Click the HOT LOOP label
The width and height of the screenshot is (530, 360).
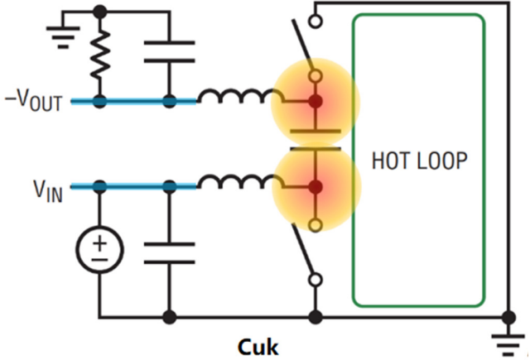pyautogui.click(x=419, y=161)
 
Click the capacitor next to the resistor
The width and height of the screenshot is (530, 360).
pyautogui.click(x=170, y=50)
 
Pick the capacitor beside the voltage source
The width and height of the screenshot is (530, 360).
pyautogui.click(x=170, y=253)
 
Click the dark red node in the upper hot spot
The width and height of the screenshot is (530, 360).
pyautogui.click(x=315, y=103)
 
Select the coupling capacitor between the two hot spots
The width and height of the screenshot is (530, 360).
pyautogui.click(x=315, y=141)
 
